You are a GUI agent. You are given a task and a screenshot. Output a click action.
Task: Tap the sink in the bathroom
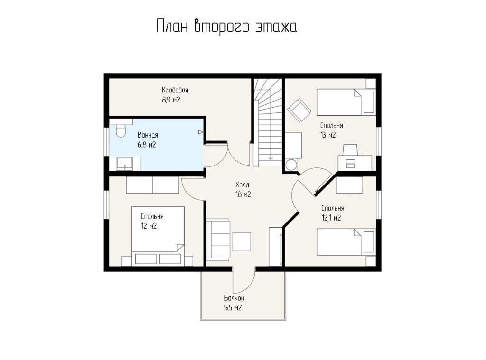click(125, 164)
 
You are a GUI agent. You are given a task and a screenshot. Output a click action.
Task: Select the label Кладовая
click(175, 90)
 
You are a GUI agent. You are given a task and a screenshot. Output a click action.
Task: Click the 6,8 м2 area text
click(147, 145)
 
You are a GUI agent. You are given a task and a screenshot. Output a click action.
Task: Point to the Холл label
click(242, 185)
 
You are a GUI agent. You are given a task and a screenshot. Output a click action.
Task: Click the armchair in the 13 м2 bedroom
click(299, 110)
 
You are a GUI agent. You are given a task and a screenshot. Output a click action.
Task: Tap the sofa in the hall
click(218, 239)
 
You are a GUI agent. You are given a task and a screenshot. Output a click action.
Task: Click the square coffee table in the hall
click(242, 241)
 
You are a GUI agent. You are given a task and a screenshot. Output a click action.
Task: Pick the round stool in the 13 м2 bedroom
click(291, 165)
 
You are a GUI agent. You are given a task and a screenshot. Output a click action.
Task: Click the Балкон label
click(234, 298)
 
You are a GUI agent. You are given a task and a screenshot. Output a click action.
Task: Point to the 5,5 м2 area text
click(233, 308)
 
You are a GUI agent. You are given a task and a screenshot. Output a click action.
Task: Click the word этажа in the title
click(276, 27)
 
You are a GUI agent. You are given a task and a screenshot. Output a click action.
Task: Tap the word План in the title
click(172, 26)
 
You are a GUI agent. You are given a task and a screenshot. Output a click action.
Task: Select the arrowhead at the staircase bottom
click(271, 158)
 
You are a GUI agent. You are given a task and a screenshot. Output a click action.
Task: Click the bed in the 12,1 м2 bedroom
click(346, 242)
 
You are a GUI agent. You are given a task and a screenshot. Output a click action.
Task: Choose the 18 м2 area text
click(243, 194)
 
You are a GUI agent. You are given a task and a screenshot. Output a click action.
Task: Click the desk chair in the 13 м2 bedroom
click(351, 149)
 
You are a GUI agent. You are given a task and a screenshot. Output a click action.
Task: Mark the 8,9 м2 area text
click(171, 100)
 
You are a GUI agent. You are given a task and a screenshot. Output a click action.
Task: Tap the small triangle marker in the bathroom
click(201, 132)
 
